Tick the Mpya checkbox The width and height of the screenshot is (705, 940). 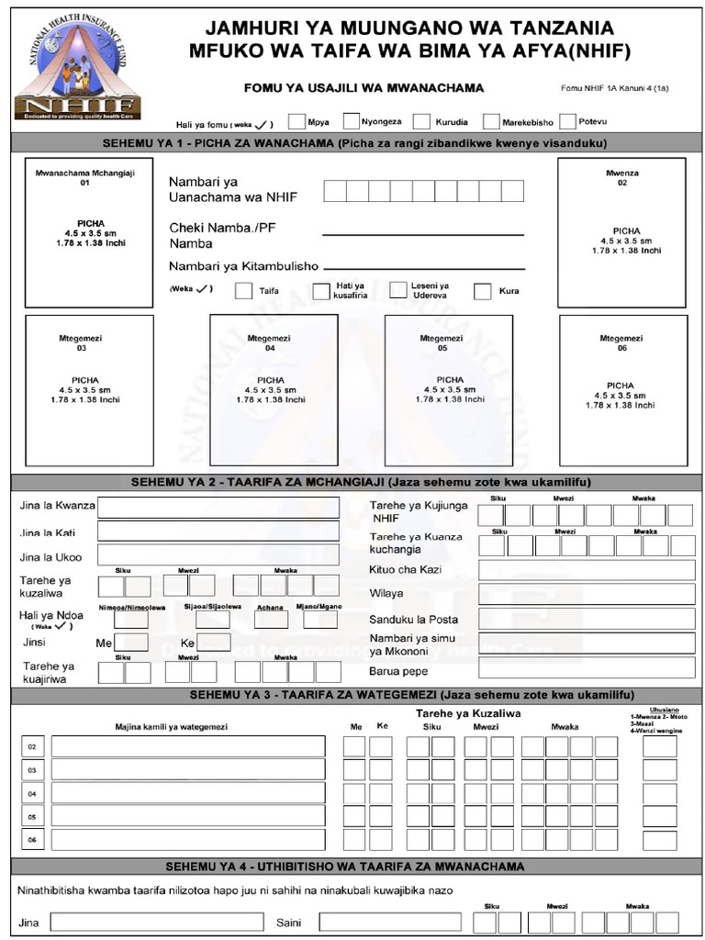pos(297,121)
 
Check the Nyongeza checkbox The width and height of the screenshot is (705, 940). pos(351,121)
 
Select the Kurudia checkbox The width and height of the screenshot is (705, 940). pos(421,121)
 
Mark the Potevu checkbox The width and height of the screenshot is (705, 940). pos(567,121)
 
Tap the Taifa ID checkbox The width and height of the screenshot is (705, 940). pos(243,291)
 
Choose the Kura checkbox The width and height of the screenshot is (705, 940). pos(483,292)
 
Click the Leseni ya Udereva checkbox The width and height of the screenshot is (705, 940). pos(398,290)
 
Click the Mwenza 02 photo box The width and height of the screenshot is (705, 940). pos(621,233)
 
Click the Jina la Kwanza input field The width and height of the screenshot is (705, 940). pos(218,508)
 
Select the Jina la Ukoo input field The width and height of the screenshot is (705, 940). pos(218,555)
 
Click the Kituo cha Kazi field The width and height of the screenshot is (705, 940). pos(586,570)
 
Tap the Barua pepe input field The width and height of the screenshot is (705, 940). pos(586,667)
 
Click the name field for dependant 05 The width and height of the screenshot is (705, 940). pos(188,815)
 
